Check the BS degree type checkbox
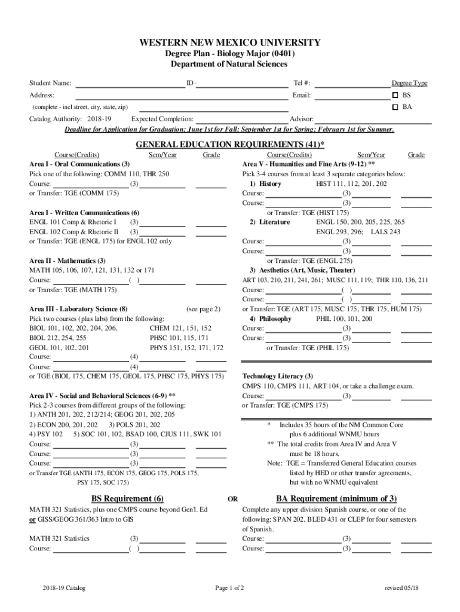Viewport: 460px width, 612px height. coord(395,96)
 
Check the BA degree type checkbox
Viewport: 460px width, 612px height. coord(395,108)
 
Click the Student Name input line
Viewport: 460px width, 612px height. coord(128,84)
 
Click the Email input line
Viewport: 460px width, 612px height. coord(352,96)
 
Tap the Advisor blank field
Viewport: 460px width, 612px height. coord(373,120)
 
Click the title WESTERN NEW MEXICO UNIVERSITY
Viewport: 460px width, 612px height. coord(230,43)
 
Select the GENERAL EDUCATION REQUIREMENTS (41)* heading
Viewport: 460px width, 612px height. coord(230,145)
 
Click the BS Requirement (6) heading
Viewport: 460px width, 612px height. coord(127,499)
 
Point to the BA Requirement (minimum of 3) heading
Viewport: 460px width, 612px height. coord(336,499)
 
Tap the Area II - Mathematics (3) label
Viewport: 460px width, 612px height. coord(68,261)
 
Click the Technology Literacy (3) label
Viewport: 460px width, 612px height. coord(277,377)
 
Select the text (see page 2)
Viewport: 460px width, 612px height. coord(203,309)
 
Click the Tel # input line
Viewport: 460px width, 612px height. coord(352,84)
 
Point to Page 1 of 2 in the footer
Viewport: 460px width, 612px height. coord(229,588)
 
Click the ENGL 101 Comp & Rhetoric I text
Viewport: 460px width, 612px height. coord(73,222)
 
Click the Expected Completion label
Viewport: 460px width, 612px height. coord(162,120)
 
